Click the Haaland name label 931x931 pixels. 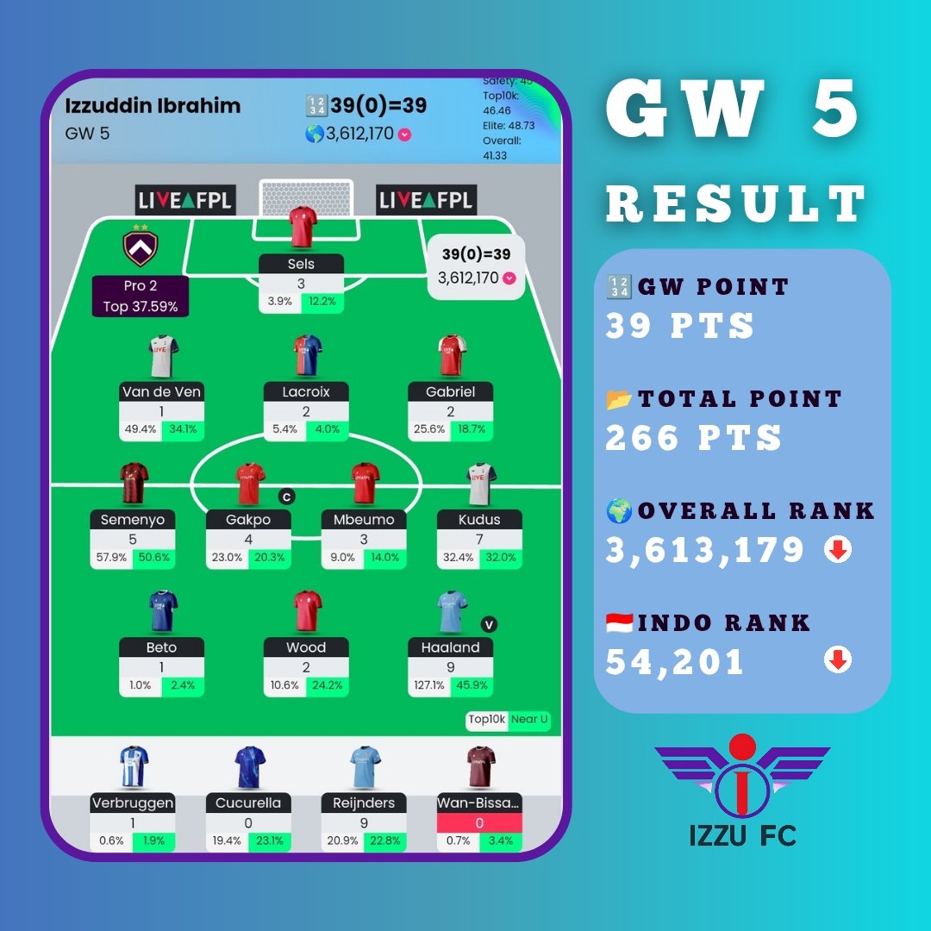point(451,647)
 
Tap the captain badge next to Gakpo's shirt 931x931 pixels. point(286,497)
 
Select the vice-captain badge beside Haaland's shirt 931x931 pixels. point(489,625)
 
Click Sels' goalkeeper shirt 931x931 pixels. point(303,227)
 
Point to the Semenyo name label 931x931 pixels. point(133,520)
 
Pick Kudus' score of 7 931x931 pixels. point(479,540)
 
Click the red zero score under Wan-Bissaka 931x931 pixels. point(479,823)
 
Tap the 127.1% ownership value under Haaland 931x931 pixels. point(429,685)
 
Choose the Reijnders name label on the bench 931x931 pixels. point(364,803)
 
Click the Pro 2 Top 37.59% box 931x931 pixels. point(141,296)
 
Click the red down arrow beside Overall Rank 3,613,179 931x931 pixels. point(838,550)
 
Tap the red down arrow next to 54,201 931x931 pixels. point(838,661)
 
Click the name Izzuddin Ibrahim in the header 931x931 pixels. point(153,107)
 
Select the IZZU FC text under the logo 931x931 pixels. point(742,835)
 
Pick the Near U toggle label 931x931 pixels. point(530,720)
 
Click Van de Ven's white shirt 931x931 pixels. point(162,357)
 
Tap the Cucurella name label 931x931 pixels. point(248,803)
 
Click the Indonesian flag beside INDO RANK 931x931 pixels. point(620,622)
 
